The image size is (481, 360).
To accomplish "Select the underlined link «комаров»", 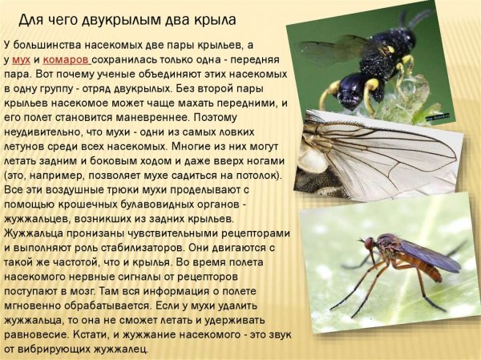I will click(67, 61).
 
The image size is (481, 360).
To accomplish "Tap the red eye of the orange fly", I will click(370, 242).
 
